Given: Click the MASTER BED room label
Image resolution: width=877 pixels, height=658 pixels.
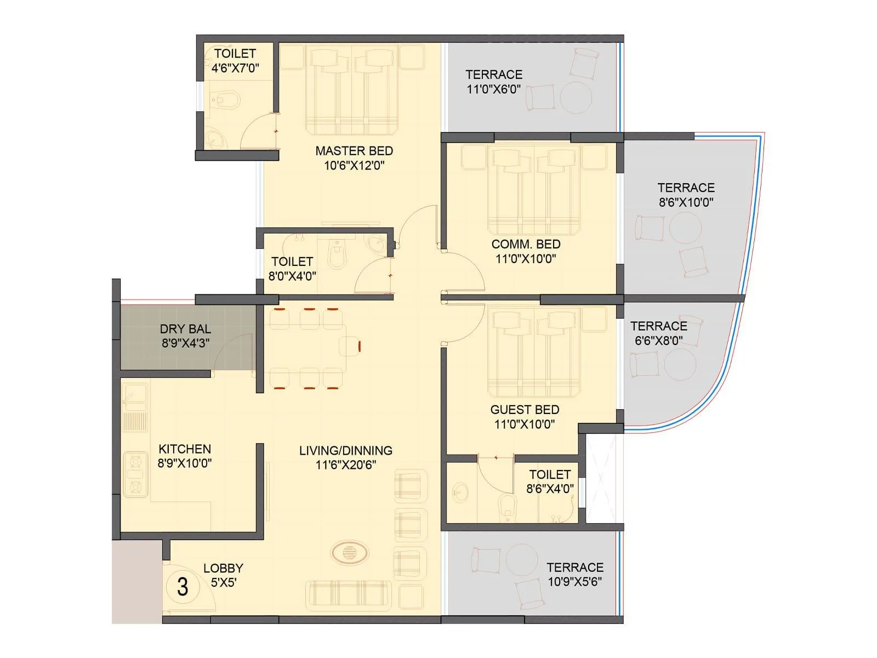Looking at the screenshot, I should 354,151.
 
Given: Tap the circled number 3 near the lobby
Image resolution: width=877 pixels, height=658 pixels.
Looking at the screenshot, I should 183,587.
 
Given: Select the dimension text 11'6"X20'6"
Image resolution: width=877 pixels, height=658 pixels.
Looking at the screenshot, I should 346,465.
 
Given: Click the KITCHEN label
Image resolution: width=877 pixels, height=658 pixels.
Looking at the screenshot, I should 185,449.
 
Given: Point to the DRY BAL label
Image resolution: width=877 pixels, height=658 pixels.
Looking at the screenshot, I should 185,329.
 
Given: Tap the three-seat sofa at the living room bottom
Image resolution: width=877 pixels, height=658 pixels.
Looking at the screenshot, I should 349,596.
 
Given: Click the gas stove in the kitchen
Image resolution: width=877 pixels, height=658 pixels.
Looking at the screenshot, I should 135,475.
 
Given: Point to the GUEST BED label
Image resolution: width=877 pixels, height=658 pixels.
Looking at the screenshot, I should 525,410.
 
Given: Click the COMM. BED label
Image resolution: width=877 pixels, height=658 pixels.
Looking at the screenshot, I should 526,244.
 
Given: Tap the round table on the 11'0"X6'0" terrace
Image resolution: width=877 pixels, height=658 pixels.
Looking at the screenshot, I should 576,98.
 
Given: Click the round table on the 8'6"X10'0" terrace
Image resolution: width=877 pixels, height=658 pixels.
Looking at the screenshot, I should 685,228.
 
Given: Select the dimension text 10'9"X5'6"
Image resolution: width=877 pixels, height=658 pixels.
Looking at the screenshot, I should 575,582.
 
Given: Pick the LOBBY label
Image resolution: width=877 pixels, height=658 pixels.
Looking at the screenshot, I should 223,568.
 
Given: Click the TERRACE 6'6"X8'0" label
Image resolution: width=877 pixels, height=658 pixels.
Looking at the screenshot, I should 658,326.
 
